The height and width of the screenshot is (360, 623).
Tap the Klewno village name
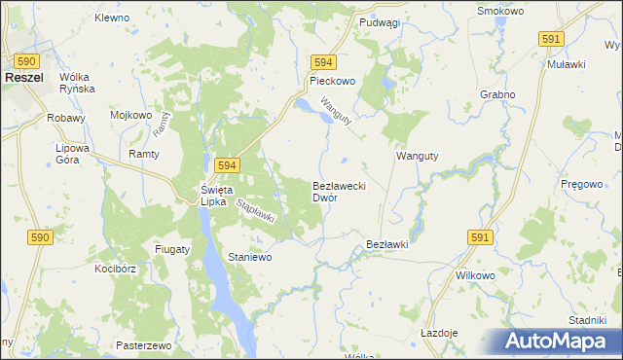[112, 18]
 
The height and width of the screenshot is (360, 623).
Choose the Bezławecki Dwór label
[338, 191]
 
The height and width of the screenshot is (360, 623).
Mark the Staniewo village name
[249, 257]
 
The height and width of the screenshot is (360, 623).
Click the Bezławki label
[386, 244]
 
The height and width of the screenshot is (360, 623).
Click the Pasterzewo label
[143, 345]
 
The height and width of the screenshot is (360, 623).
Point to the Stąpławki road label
[257, 210]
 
